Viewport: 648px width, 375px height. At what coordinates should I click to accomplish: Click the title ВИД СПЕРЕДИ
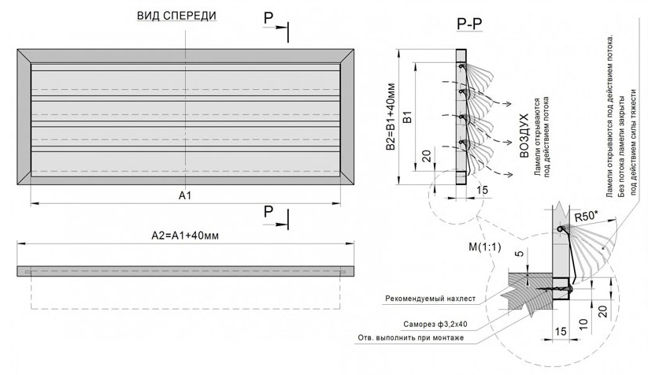click(x=176, y=15)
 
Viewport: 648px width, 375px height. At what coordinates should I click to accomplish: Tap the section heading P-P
click(x=470, y=26)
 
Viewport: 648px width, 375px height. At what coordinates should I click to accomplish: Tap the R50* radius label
click(x=585, y=216)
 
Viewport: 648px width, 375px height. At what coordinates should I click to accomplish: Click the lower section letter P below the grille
click(x=268, y=211)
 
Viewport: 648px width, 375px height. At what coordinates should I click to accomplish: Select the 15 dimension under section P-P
click(x=482, y=189)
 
